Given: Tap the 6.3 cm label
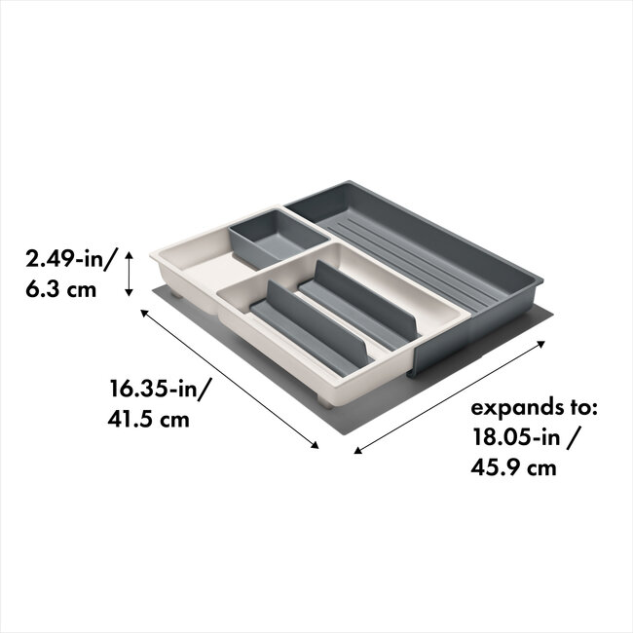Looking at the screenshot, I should [x=60, y=290].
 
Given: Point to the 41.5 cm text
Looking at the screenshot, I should [x=149, y=421].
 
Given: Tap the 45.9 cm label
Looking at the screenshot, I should [x=514, y=467].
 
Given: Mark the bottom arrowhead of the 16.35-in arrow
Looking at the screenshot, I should [x=316, y=446].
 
